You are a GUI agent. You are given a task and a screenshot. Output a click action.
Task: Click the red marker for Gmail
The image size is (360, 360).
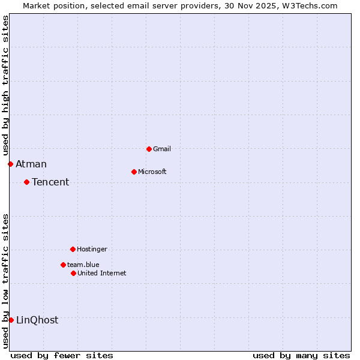(x=149, y=149)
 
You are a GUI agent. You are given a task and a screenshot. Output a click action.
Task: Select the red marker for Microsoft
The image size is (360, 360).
(x=134, y=172)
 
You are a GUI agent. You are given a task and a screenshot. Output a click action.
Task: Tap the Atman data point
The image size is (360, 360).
(x=10, y=164)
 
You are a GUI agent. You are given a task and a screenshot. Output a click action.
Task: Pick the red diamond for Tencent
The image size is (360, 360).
(x=26, y=182)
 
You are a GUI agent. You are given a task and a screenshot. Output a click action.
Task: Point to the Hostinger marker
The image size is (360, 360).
(x=73, y=249)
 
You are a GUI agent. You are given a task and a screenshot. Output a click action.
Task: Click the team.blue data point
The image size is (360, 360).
(x=63, y=265)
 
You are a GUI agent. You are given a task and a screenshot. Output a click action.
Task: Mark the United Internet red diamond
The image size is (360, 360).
(x=73, y=273)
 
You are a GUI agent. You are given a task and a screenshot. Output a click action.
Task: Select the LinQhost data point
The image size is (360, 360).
(x=11, y=320)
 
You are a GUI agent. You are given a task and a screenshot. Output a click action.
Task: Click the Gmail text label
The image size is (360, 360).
(x=162, y=149)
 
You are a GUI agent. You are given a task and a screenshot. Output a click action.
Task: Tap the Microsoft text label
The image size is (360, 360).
(x=152, y=172)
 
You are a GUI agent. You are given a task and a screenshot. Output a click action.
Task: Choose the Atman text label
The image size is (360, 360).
(x=31, y=164)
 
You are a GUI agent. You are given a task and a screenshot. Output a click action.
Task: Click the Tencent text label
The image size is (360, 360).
(x=50, y=182)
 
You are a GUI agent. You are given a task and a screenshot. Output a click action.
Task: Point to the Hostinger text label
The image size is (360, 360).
(x=92, y=249)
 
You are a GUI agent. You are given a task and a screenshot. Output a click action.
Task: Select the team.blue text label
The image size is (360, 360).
(x=83, y=265)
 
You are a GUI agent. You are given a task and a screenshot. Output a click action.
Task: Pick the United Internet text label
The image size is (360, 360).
(x=102, y=273)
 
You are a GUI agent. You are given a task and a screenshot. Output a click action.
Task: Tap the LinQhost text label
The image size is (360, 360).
(x=37, y=320)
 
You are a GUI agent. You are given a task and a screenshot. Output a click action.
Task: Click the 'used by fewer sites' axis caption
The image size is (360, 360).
(x=62, y=355)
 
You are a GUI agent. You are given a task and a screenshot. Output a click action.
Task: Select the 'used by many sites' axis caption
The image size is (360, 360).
(x=301, y=355)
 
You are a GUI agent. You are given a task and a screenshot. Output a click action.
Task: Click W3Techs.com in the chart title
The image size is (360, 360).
(x=311, y=5)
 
